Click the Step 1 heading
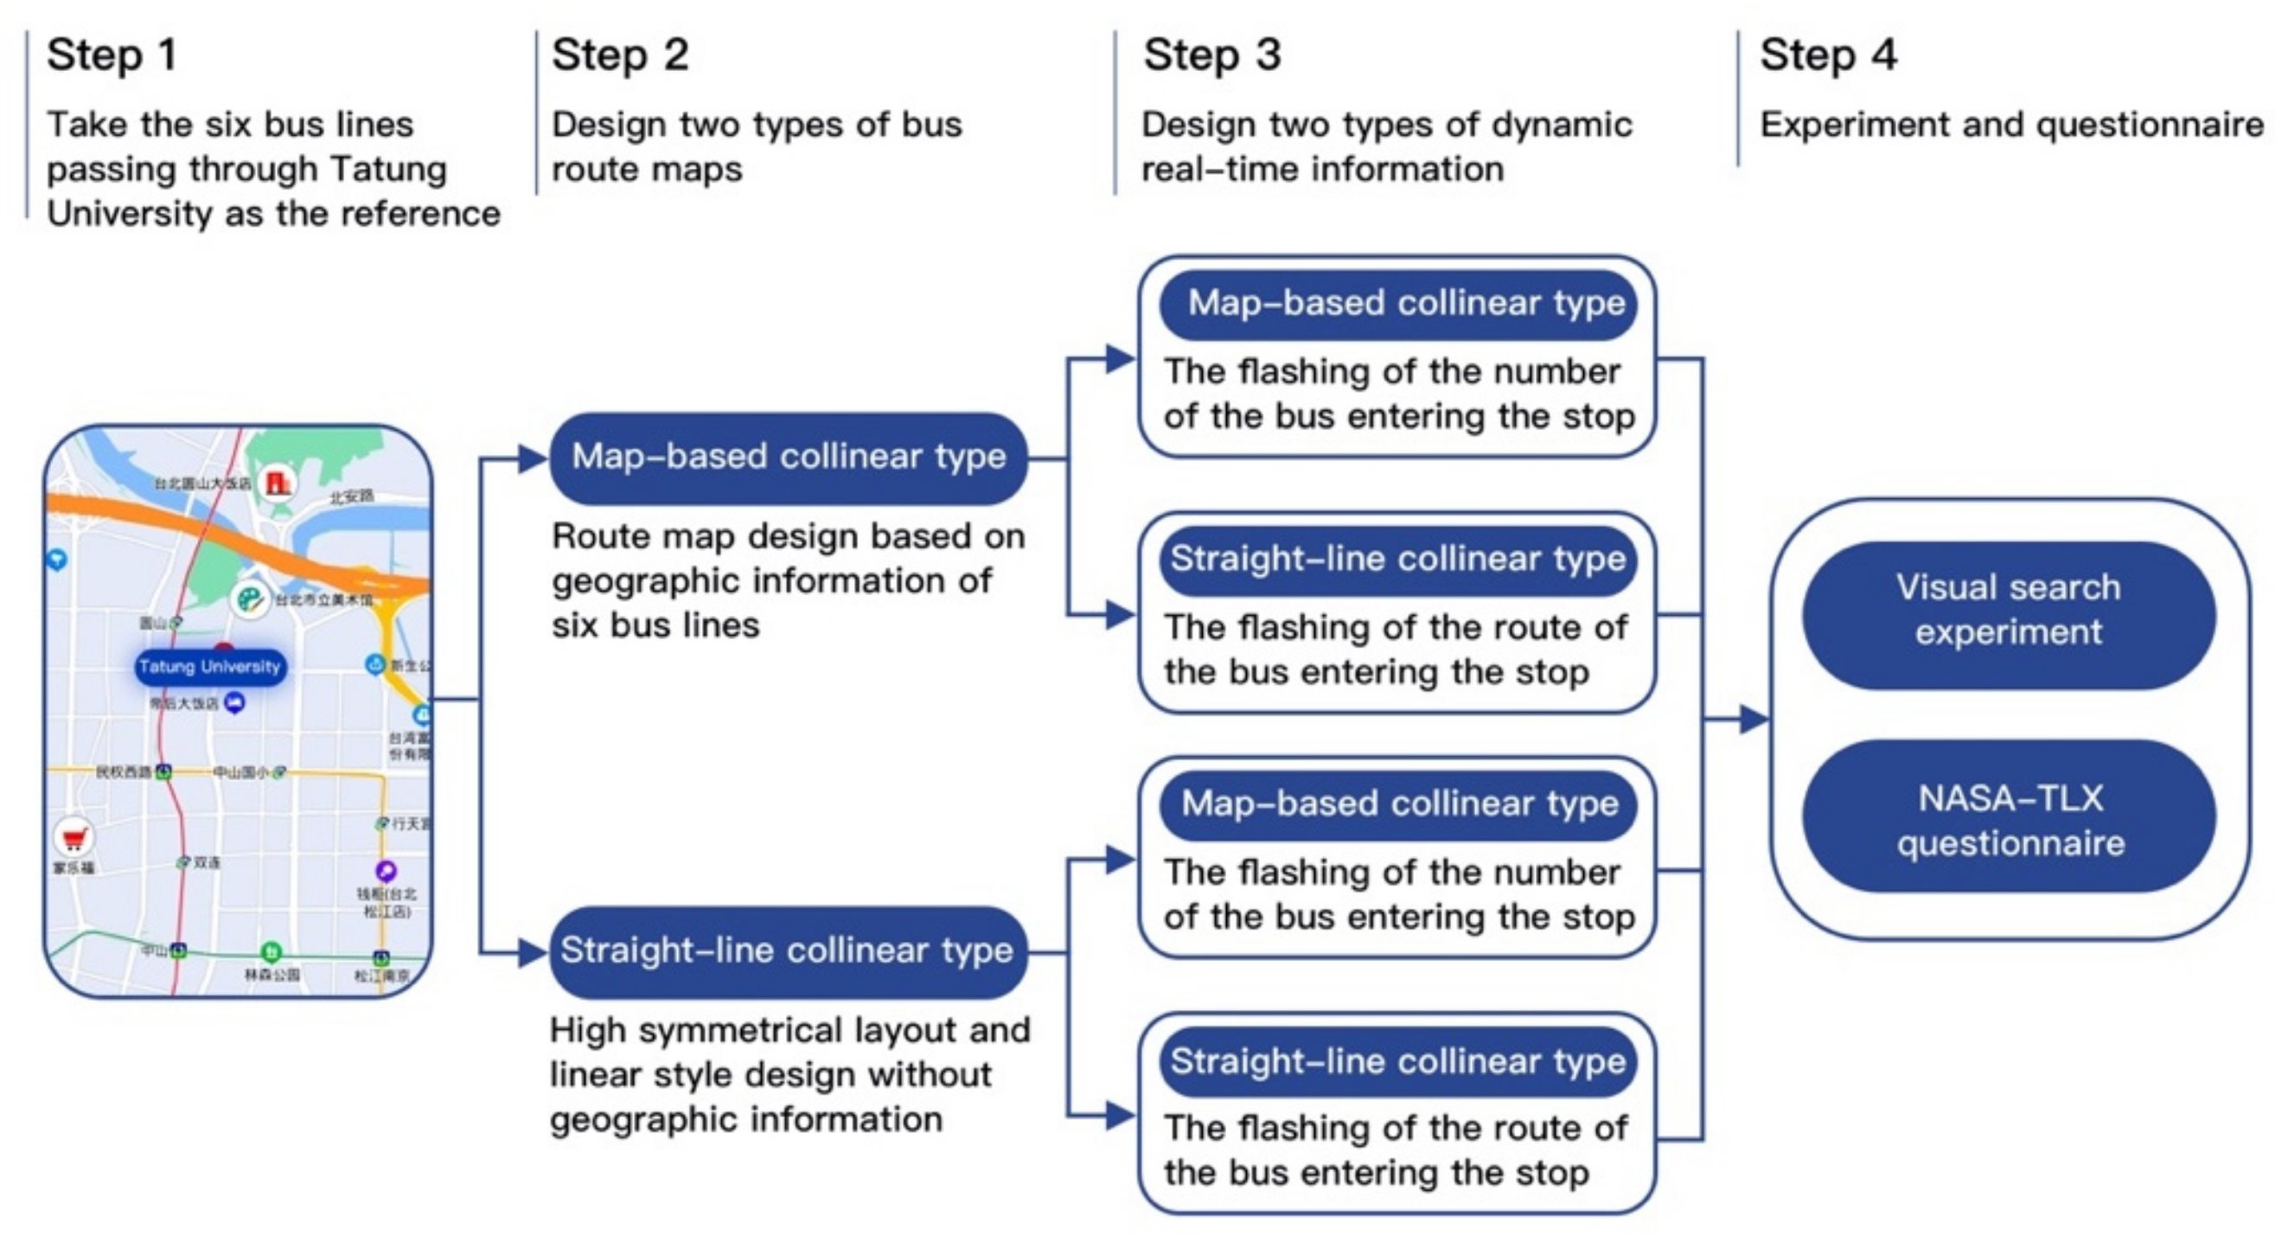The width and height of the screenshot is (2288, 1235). pyautogui.click(x=112, y=55)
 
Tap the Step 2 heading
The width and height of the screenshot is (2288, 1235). pyautogui.click(x=620, y=55)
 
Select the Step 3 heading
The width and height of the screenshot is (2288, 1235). pyautogui.click(x=1211, y=55)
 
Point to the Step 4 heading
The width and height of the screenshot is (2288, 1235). pyautogui.click(x=1828, y=55)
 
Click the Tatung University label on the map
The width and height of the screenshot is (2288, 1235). pyautogui.click(x=209, y=667)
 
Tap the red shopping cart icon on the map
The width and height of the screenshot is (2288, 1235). pyautogui.click(x=73, y=837)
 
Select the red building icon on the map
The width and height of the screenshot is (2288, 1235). pyautogui.click(x=278, y=483)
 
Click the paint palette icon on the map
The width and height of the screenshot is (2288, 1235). pyautogui.click(x=250, y=599)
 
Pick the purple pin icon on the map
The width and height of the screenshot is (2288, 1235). pyautogui.click(x=386, y=870)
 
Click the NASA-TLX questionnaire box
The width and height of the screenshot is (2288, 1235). pyautogui.click(x=2008, y=818)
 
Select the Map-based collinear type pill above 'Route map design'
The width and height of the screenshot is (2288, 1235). pyautogui.click(x=788, y=458)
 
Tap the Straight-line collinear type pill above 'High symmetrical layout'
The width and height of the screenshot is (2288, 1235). pyautogui.click(x=788, y=950)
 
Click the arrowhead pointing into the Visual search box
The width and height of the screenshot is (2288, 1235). pyautogui.click(x=1754, y=719)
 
